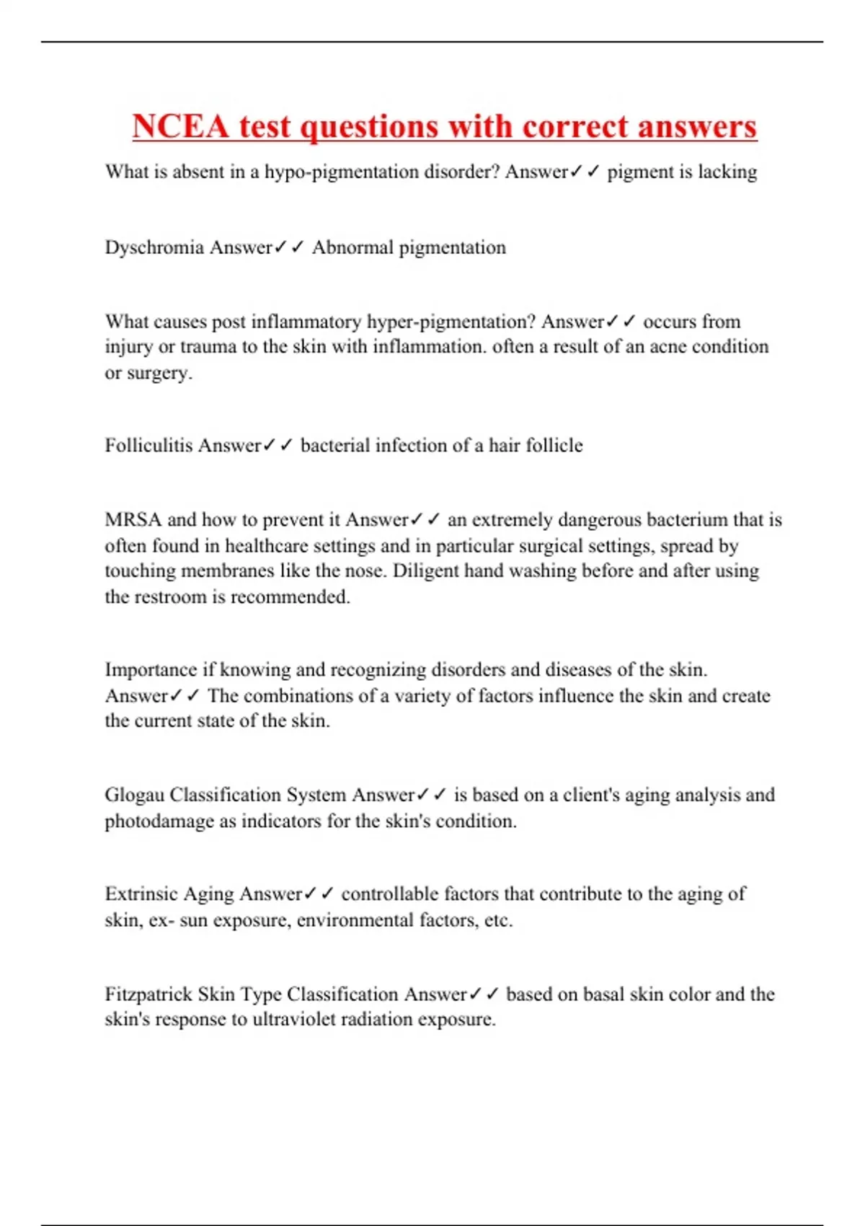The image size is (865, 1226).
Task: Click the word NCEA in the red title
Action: (180, 127)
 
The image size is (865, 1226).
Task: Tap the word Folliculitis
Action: (149, 446)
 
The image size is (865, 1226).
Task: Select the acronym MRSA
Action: (133, 520)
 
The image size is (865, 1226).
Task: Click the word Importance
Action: (151, 670)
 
